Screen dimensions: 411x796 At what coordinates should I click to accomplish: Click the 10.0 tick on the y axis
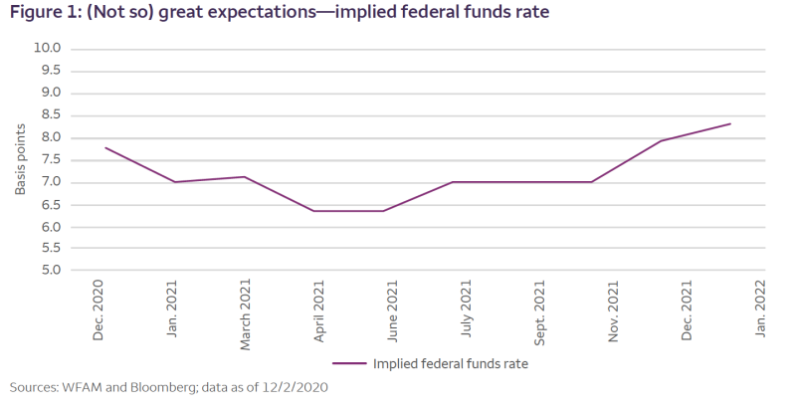pyautogui.click(x=47, y=48)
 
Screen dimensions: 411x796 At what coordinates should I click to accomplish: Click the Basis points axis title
pyautogui.click(x=21, y=159)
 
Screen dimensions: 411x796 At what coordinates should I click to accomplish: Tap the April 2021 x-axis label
pyautogui.click(x=319, y=313)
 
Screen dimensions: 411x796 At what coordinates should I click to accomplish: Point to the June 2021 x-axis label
pyautogui.click(x=393, y=313)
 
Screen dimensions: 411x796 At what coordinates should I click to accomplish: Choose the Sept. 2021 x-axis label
pyautogui.click(x=540, y=312)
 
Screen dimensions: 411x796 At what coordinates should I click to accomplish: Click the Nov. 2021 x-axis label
pyautogui.click(x=614, y=312)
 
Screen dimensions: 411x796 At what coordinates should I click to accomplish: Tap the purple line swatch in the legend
pyautogui.click(x=350, y=364)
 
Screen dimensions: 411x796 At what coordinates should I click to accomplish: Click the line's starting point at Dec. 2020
pyautogui.click(x=105, y=148)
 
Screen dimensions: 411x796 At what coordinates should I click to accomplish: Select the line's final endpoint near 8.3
pyautogui.click(x=731, y=124)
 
